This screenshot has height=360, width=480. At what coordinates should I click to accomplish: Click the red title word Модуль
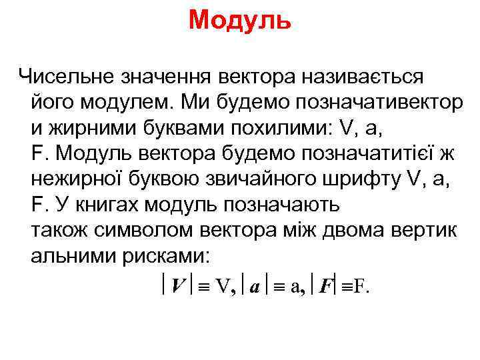tap(239, 20)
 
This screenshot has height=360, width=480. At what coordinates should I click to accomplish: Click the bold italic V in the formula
tap(178, 287)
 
